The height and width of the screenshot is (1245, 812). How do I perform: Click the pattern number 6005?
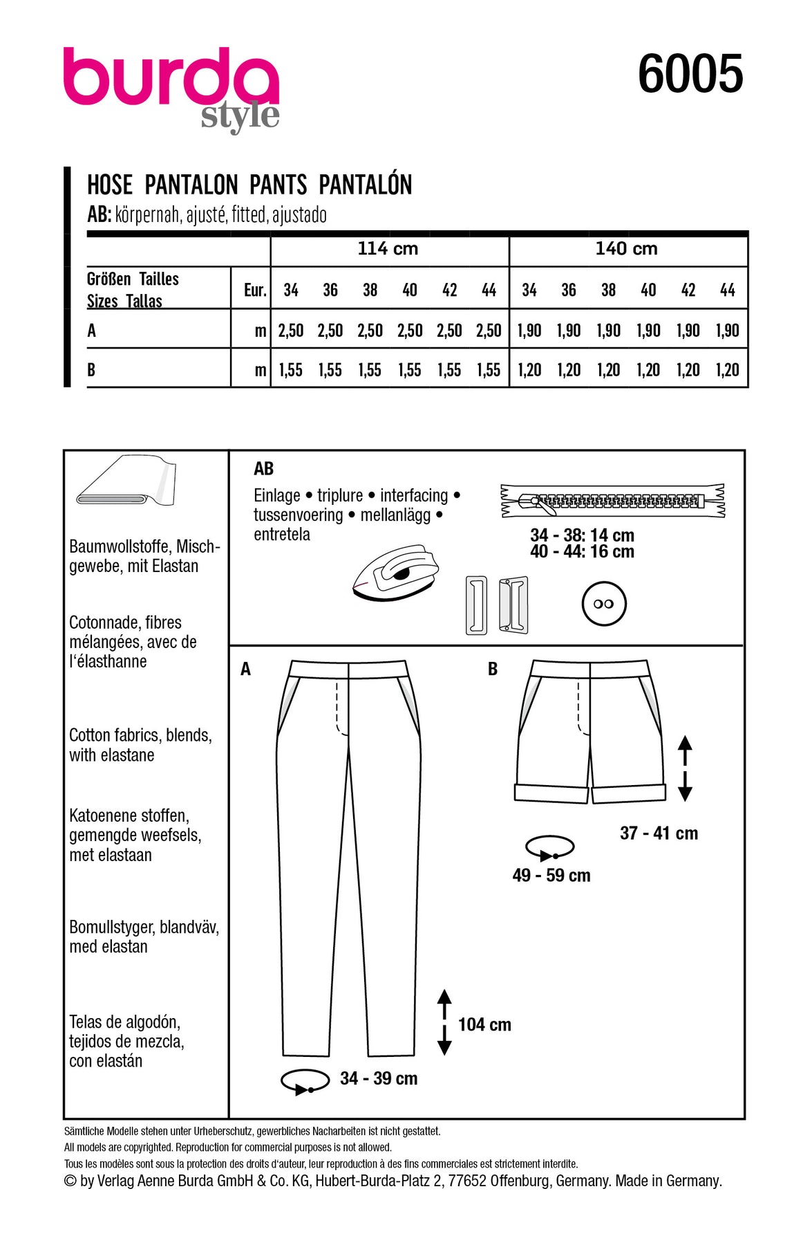point(690,75)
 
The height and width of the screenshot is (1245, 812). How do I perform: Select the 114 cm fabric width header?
point(388,249)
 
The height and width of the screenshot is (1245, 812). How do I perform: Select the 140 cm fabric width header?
point(627,249)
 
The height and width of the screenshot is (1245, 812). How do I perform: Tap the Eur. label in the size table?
point(255,290)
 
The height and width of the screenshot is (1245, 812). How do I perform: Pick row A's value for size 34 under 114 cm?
point(291,331)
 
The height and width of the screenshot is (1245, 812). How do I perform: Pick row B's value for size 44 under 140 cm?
point(728,371)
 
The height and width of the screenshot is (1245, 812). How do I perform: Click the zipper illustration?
point(612,501)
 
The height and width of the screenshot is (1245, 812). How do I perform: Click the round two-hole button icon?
point(603,604)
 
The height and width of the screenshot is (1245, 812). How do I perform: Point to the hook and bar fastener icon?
point(497,605)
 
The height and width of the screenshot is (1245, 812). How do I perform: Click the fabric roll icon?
point(126,481)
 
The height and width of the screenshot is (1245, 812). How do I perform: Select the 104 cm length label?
point(484,1024)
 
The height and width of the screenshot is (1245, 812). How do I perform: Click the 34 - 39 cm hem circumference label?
point(379,1078)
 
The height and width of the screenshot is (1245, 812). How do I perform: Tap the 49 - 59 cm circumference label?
point(551,876)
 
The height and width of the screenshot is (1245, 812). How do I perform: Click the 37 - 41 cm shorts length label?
point(659,833)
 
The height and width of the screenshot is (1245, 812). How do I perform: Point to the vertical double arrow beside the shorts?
point(685,768)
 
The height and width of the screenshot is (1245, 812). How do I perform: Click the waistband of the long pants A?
point(348,669)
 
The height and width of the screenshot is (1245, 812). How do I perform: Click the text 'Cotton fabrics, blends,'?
point(140,735)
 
